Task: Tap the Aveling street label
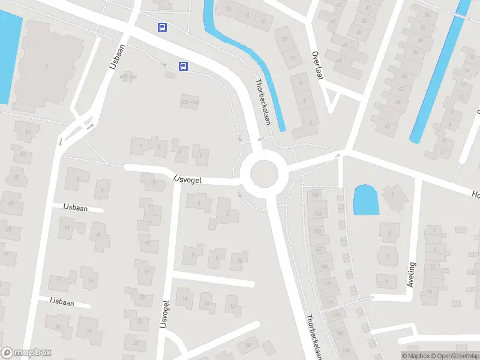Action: pos(411,274)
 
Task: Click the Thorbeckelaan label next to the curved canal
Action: pos(263,102)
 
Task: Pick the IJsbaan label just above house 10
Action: pos(76,208)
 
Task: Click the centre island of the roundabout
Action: pos(265,175)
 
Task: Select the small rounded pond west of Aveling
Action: pos(366,200)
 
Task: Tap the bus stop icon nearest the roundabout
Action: pos(183,67)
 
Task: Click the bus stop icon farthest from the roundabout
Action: pos(162,27)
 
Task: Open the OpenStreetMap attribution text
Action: pos(457,356)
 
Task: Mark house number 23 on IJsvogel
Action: pos(136,343)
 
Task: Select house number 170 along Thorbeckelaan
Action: pos(327,283)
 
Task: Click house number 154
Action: pos(317,214)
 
